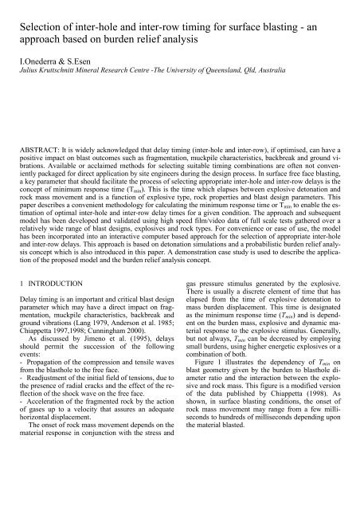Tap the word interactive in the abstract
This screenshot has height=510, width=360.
[124, 253]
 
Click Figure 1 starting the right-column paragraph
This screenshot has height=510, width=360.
[209, 396]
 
